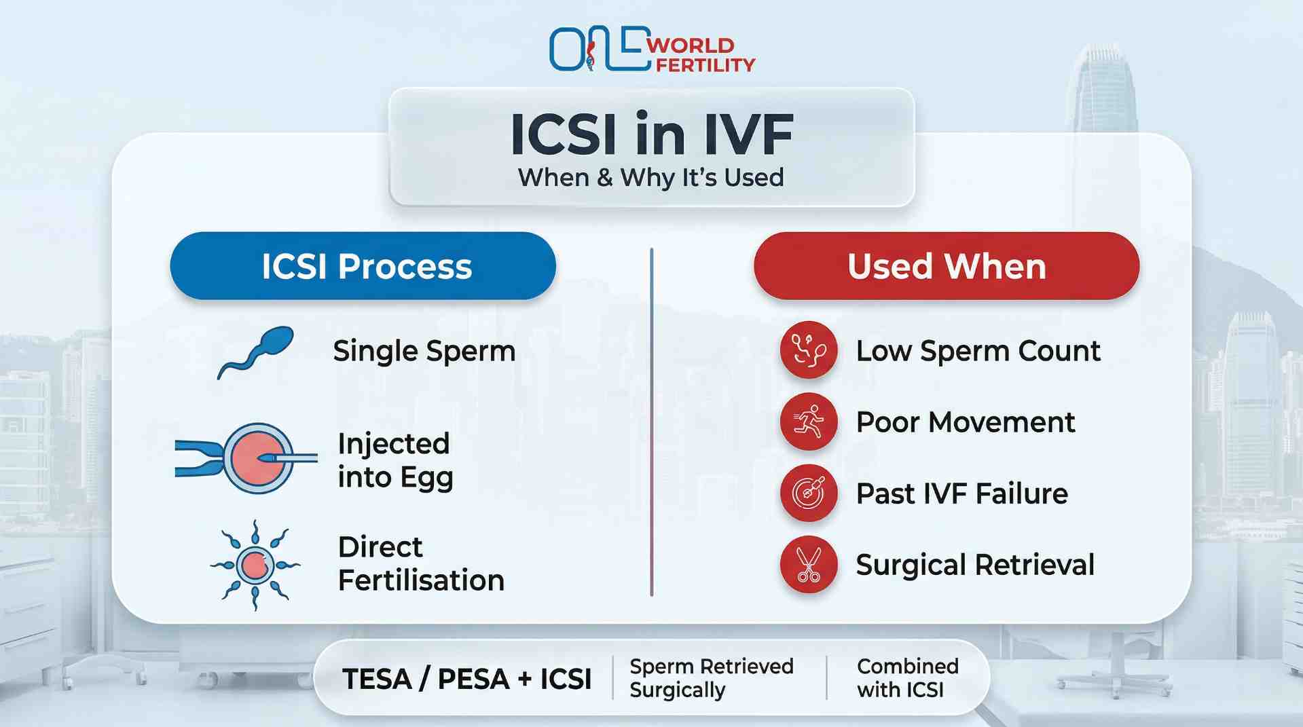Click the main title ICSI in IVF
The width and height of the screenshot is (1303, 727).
pos(651,134)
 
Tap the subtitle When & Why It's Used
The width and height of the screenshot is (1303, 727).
pos(650,178)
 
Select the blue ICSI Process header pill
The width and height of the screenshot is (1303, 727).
pos(363,266)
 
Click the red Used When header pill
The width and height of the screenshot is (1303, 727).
pos(946,266)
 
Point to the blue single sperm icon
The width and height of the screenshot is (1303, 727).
pos(256,352)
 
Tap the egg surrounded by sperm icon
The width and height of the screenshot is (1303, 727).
pos(255,565)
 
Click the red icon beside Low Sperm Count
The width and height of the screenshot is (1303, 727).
pos(808,350)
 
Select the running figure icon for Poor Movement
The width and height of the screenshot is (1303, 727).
pos(808,422)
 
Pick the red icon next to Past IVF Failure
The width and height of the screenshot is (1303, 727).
pos(808,493)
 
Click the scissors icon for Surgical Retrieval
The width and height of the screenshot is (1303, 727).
pos(808,565)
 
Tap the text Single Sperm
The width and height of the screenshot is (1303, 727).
pos(424,352)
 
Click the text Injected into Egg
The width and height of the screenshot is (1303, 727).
pos(395,460)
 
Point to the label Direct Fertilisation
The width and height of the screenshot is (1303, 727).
pos(421,563)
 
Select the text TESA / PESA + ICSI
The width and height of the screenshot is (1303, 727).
pos(467,679)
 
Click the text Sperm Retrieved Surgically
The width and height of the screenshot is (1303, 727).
pos(710,677)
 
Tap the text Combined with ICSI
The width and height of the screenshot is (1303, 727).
pos(907,677)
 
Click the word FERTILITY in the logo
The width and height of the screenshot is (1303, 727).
pos(705,65)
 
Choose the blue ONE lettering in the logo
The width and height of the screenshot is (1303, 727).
pos(598,49)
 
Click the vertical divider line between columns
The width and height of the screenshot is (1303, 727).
pos(651,421)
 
